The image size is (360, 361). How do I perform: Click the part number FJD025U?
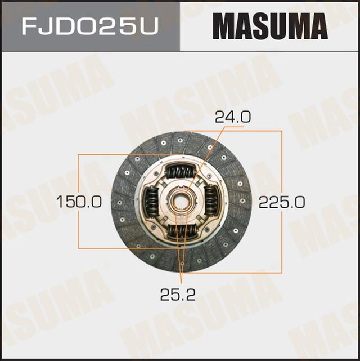(89, 26)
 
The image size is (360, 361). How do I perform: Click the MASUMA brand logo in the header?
(269, 26)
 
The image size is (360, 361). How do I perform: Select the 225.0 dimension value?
(281, 202)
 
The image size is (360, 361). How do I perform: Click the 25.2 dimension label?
(180, 295)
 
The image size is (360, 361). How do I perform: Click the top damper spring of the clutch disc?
(181, 171)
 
